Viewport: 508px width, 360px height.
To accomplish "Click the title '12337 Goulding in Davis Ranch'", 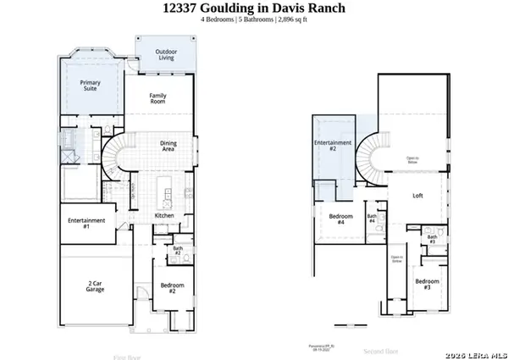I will (x=253, y=8).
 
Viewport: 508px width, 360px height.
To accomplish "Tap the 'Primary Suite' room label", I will (x=90, y=86).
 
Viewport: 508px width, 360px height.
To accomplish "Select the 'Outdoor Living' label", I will (x=166, y=56).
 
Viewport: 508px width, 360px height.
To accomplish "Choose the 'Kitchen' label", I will (x=163, y=216).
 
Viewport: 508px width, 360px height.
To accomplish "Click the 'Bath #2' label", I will (x=178, y=251).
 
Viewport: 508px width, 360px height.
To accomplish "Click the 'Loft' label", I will (x=417, y=196).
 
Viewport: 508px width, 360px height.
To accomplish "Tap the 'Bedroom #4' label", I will (x=341, y=219).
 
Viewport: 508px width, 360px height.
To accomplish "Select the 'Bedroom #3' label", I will (x=427, y=284).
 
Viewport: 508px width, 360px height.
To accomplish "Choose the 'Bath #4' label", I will (x=372, y=219).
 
